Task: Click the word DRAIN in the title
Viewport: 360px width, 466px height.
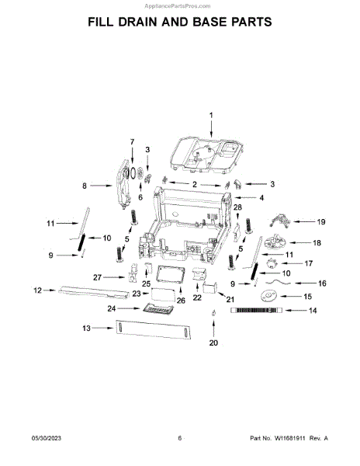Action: point(138,22)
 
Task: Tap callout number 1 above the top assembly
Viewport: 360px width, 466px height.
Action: point(211,115)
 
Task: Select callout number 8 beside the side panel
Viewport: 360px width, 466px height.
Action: point(85,186)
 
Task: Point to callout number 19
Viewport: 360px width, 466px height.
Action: point(321,221)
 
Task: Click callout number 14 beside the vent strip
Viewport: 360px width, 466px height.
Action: point(313,311)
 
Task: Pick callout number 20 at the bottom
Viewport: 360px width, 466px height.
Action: point(213,343)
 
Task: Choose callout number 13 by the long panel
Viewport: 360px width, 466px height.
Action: point(86,328)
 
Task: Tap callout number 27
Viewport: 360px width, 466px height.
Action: point(97,277)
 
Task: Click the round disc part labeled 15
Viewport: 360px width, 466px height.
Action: point(268,296)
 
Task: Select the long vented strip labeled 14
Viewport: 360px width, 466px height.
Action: point(257,310)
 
